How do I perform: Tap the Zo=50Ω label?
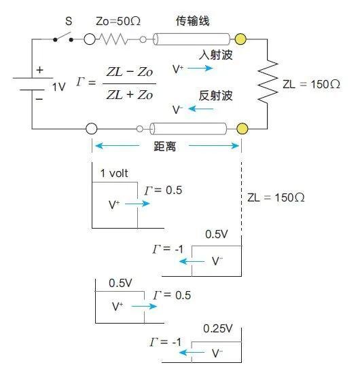118,21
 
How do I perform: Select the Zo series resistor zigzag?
113,39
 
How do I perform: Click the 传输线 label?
192,21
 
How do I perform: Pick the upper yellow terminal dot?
240,39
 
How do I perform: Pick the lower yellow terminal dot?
242,128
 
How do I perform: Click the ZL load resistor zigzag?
268,81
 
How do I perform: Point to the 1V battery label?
58,87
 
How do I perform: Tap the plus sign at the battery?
40,70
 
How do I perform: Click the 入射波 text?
215,55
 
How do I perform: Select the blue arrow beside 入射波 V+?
200,68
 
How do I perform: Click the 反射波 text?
215,96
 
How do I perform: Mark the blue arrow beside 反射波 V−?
201,109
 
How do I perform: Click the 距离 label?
164,147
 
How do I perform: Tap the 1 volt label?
114,174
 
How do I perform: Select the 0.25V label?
218,328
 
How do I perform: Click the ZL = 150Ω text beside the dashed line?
276,197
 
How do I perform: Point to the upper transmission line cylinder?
192,39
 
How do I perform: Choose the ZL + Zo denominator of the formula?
130,95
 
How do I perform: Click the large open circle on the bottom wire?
92,128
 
